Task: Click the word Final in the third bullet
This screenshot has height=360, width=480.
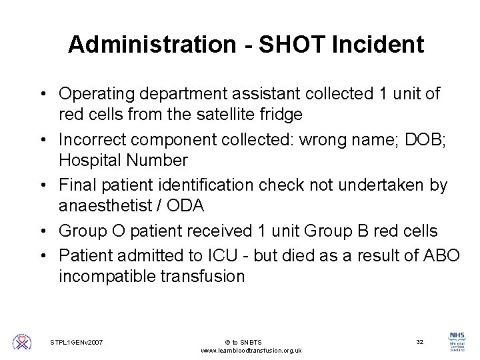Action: [x=77, y=185]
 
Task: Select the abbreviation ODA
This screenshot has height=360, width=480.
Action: [x=185, y=206]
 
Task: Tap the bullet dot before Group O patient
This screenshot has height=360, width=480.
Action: [x=45, y=231]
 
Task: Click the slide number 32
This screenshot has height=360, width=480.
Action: [x=420, y=342]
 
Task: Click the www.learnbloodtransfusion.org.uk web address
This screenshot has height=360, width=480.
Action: [x=251, y=351]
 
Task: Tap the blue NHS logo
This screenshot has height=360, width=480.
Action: [x=458, y=337]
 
